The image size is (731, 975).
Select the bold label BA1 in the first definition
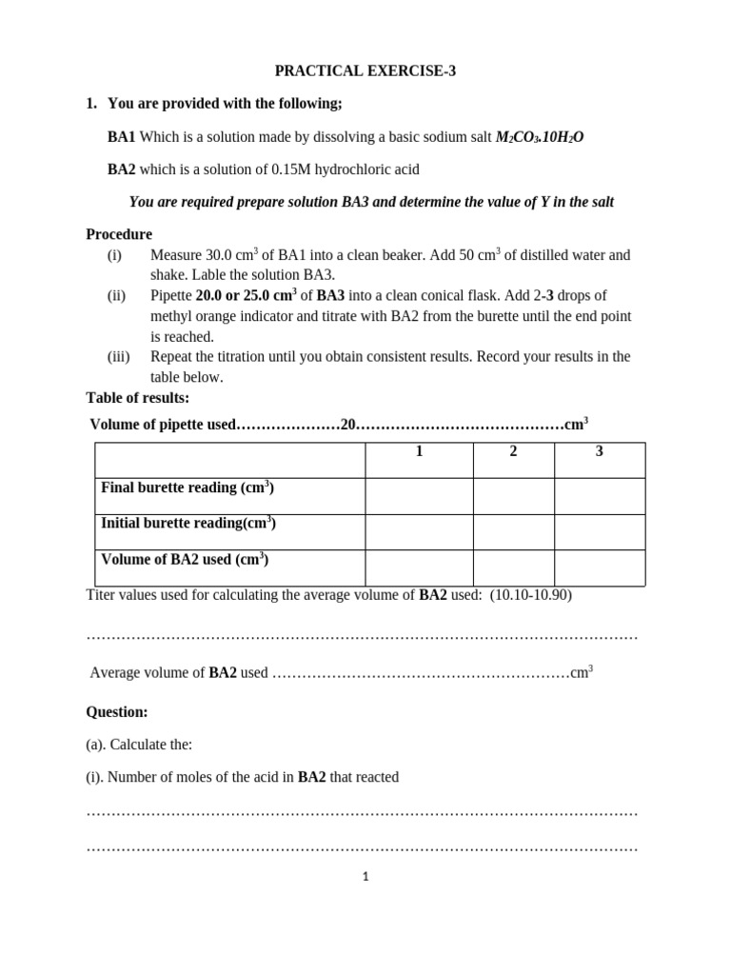(122, 137)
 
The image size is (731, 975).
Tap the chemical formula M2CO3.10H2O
(540, 137)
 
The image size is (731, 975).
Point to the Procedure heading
(119, 234)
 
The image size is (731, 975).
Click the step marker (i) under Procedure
(114, 255)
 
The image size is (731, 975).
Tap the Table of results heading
(138, 398)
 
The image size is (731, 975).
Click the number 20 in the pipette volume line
(347, 425)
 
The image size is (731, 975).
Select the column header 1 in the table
(419, 451)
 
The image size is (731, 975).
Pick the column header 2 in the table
(513, 451)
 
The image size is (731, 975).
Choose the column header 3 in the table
(600, 451)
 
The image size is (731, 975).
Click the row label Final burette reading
(188, 487)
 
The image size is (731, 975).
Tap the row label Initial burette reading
(188, 524)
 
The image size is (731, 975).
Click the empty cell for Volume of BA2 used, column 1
(419, 567)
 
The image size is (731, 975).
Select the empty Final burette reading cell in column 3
(600, 496)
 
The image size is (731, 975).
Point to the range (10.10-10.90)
(531, 595)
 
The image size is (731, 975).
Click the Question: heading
(117, 712)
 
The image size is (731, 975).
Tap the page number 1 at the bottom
(365, 877)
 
